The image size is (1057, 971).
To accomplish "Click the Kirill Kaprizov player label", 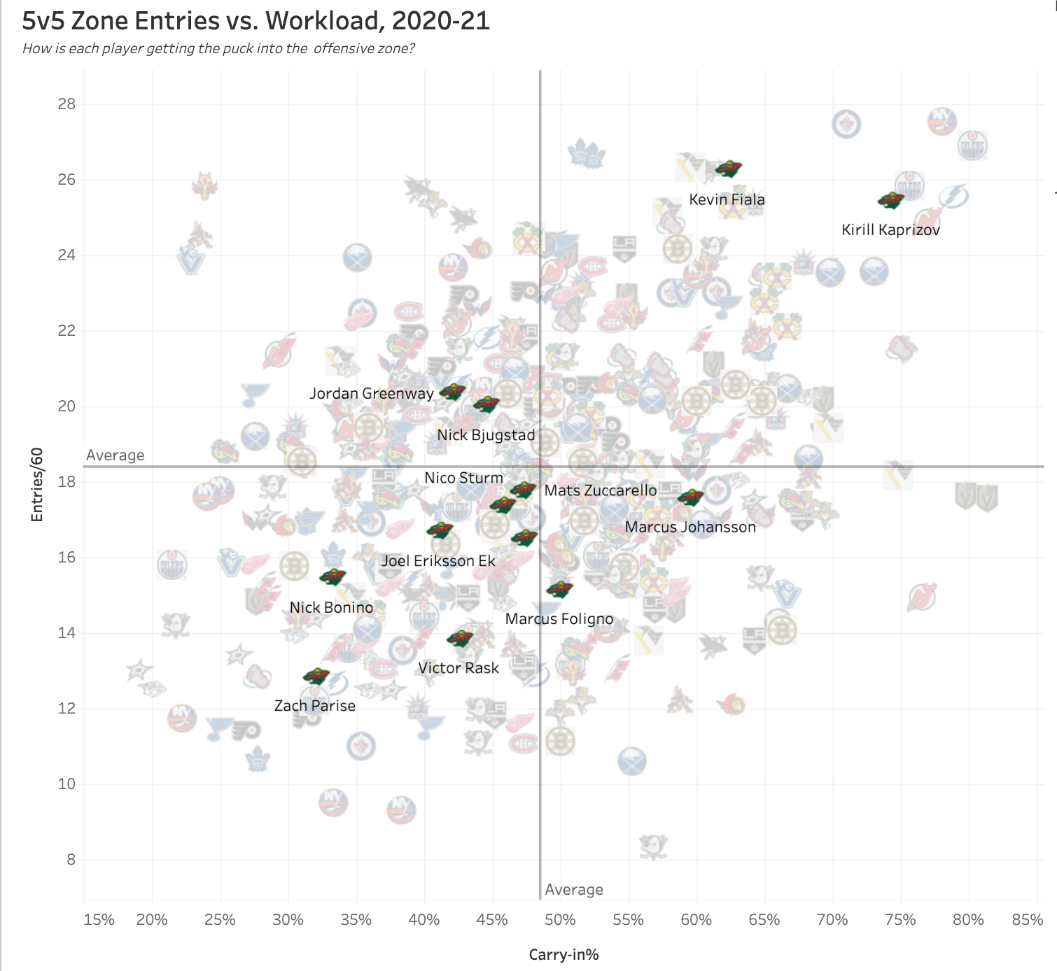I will click(890, 230).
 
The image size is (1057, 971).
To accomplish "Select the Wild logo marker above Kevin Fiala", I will click(728, 169).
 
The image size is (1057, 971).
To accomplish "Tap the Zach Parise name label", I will click(314, 706).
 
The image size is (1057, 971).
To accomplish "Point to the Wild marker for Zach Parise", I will click(316, 676).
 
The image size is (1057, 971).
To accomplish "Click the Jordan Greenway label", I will click(371, 394).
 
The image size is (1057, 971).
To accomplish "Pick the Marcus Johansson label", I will click(690, 527).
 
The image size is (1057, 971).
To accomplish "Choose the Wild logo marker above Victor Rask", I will click(460, 638).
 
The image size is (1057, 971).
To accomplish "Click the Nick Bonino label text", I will click(331, 608).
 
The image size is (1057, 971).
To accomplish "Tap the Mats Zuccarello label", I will click(601, 491).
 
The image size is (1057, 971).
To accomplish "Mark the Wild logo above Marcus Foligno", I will click(559, 590).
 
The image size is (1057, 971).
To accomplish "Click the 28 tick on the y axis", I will click(66, 104).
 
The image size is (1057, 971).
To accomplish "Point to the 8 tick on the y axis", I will click(71, 860).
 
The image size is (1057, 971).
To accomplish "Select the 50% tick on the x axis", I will click(560, 920).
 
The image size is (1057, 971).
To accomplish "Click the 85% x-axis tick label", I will click(1027, 920).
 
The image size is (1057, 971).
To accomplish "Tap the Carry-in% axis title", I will click(563, 955).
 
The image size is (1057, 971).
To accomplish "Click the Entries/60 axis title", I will click(37, 485).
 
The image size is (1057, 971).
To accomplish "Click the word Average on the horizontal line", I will click(115, 455).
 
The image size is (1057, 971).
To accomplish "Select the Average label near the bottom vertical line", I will click(574, 890).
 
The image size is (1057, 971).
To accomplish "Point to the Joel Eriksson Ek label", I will click(438, 561).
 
